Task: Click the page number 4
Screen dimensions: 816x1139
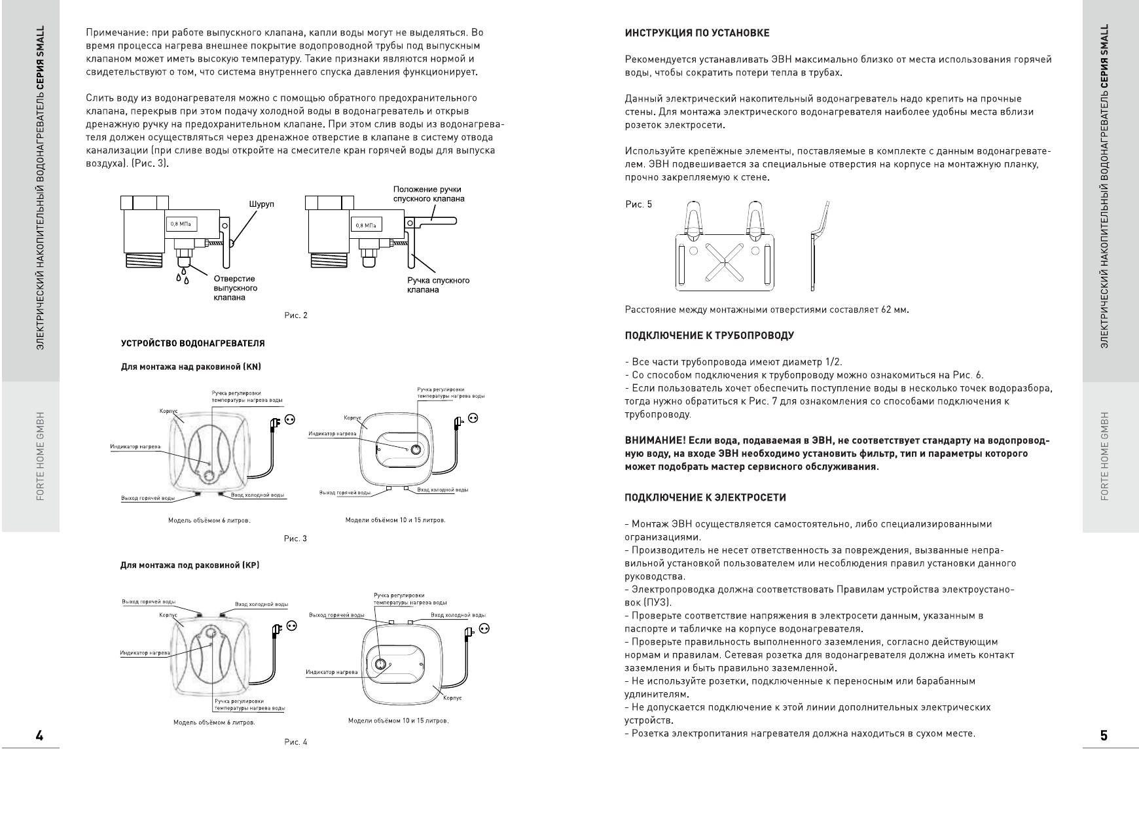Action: click(39, 736)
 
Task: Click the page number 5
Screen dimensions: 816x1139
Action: click(1104, 736)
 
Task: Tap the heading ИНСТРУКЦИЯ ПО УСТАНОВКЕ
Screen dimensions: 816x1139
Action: click(697, 33)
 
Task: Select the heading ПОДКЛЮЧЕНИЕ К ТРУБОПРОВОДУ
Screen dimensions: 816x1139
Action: click(710, 336)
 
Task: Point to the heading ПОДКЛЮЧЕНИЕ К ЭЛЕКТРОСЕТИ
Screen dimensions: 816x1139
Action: click(706, 498)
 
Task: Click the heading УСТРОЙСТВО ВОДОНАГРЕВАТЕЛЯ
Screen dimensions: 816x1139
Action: click(193, 344)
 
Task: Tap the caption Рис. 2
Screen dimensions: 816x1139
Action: click(296, 316)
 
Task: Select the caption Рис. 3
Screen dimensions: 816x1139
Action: click(295, 539)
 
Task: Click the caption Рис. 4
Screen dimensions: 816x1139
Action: click(295, 743)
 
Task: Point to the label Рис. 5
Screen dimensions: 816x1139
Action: click(638, 205)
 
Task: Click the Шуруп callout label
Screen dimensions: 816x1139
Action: click(261, 204)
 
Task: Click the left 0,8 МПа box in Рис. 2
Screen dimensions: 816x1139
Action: click(179, 224)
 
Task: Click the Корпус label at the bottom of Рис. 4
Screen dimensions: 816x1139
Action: click(452, 698)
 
